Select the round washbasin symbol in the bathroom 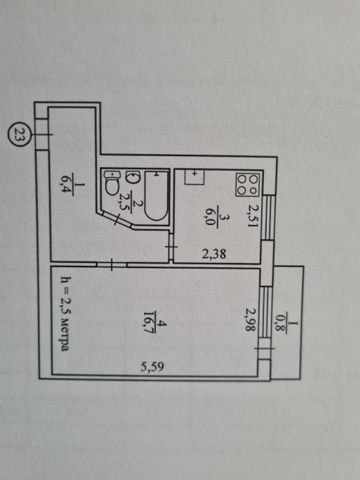point(133,178)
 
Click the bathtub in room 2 point(156,196)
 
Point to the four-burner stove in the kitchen point(247,185)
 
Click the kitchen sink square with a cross point(194,177)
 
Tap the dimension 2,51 point(254,216)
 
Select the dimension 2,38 point(214,254)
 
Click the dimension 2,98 point(250,320)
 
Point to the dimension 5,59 point(152,366)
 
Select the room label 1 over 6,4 point(67,189)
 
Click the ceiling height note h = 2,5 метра point(65,314)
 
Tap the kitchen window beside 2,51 point(268,218)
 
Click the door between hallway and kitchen point(171,246)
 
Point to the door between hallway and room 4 point(112,265)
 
